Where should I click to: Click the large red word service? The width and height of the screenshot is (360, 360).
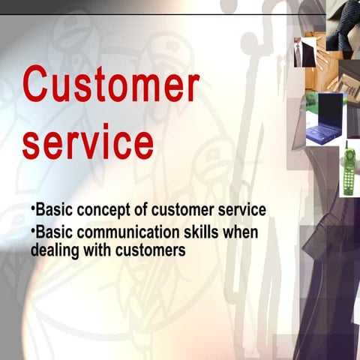(x=88, y=142)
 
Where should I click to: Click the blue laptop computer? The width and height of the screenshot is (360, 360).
(x=325, y=118)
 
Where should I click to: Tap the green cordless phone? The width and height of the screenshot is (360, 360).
(x=349, y=170)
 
